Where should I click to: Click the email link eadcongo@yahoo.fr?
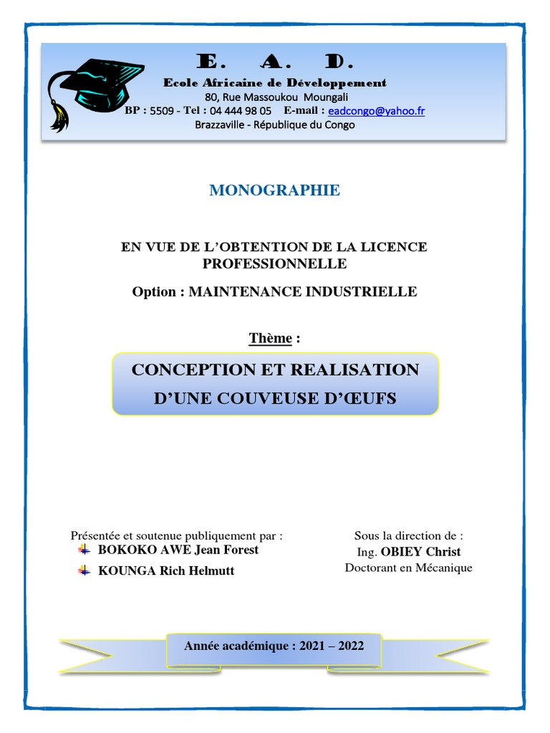pos(376,111)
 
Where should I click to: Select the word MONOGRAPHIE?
pos(274,190)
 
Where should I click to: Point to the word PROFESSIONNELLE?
pos(274,263)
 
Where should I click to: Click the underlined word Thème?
pos(270,339)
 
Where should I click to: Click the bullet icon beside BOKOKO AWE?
pos(84,550)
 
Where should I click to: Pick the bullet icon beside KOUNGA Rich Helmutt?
pos(84,571)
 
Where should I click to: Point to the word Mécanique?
pos(441,568)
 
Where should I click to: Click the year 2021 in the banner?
pos(312,646)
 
